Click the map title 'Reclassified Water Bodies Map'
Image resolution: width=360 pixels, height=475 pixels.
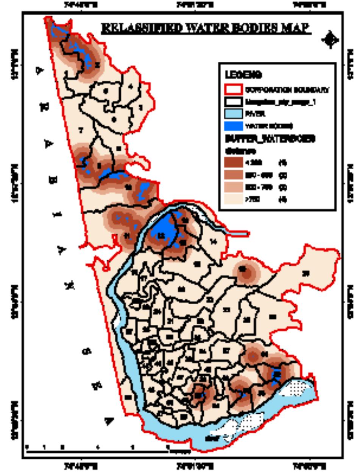206,28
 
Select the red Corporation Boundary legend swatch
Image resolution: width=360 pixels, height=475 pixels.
233,90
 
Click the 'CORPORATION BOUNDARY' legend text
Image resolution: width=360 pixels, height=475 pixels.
287,90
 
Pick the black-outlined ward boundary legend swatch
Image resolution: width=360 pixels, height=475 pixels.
233,102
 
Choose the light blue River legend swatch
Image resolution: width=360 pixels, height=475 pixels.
233,114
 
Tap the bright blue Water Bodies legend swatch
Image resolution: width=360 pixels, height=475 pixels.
233,126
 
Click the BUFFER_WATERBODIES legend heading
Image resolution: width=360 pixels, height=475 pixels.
270,139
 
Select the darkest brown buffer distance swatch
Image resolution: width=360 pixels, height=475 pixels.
233,163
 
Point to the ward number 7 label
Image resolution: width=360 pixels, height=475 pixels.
81,130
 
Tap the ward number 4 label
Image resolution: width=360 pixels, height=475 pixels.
131,87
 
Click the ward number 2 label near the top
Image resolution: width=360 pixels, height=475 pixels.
97,65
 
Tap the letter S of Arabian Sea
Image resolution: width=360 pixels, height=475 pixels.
87,351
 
